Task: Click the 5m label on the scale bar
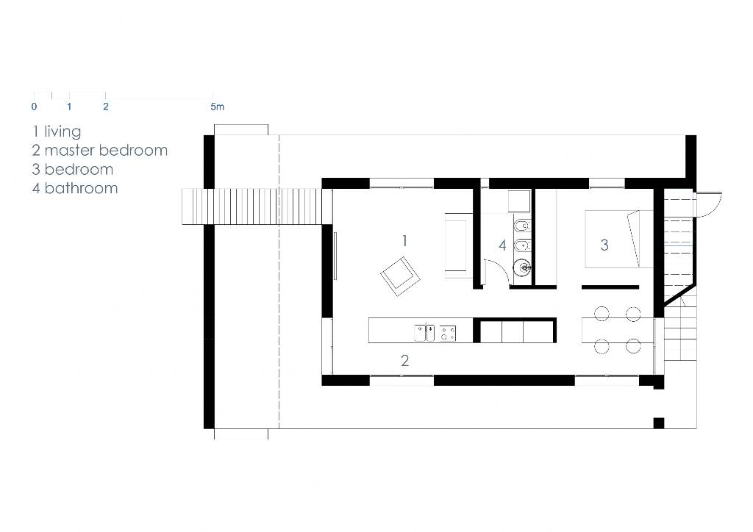[x=217, y=107]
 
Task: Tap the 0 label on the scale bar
[x=34, y=107]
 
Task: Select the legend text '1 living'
[x=57, y=132]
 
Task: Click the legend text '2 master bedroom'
[x=100, y=150]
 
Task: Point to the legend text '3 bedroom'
[x=73, y=169]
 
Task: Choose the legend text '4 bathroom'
[x=75, y=188]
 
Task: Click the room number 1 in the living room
[x=405, y=240]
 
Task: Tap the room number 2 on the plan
[x=405, y=360]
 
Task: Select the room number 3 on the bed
[x=604, y=245]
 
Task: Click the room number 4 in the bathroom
[x=502, y=245]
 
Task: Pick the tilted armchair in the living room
[x=400, y=276]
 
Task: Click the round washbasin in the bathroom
[x=522, y=267]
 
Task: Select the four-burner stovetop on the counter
[x=448, y=333]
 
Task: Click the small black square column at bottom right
[x=659, y=423]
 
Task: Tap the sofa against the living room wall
[x=457, y=245]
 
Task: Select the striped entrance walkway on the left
[x=251, y=206]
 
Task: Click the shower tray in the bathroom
[x=520, y=201]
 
